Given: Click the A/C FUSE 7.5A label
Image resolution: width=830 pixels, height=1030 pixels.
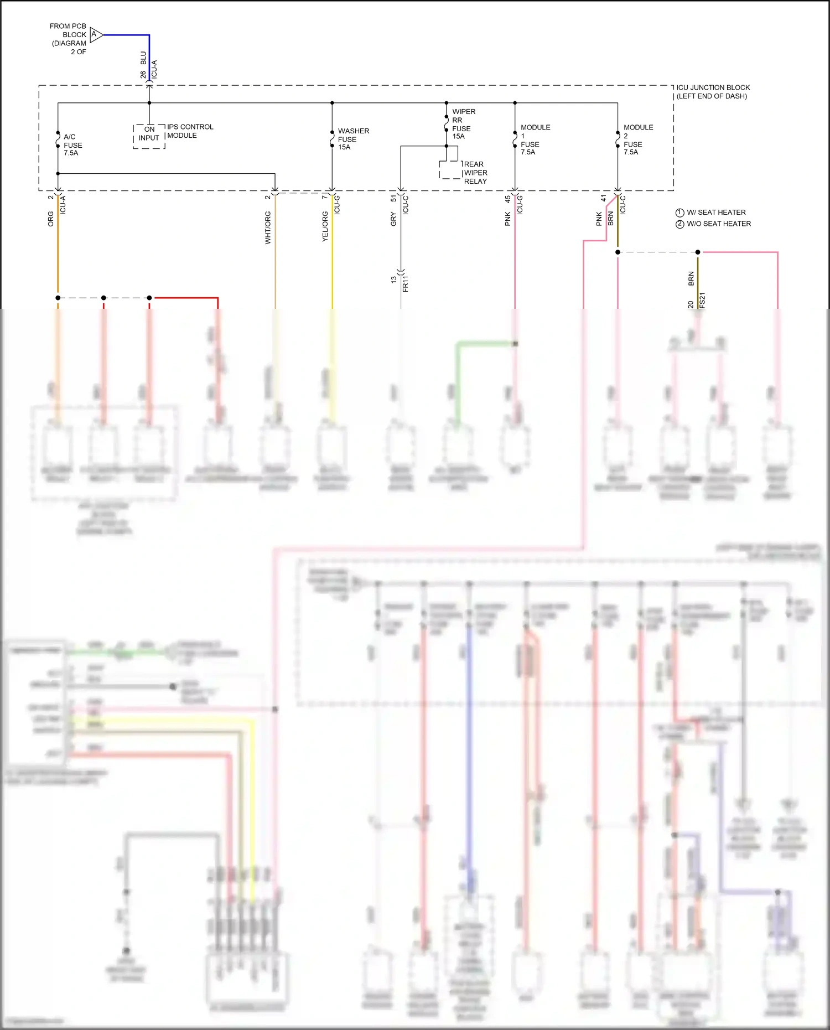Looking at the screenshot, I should pos(72,145).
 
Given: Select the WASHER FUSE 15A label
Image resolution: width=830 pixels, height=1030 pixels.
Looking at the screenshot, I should pos(353,139).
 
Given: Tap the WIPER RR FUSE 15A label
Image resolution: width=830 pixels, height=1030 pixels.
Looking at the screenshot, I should pos(463,124).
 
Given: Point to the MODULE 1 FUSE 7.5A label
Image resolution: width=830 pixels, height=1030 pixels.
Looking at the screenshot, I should pos(535,139).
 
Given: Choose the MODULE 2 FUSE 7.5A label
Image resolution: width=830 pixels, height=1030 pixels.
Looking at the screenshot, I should pos(637,139).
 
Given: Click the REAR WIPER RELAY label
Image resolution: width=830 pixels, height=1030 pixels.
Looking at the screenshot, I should pos(475,173).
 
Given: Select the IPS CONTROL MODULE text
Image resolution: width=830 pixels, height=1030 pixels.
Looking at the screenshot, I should pos(190,131).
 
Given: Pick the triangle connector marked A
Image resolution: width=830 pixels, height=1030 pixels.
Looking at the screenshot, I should pos(96,35).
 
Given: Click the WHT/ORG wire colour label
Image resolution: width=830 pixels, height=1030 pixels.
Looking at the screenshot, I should pos(268,227).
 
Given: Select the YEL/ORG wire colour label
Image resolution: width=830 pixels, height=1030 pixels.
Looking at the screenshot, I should pos(325,226).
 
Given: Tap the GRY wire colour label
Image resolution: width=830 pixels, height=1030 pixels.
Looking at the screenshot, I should pos(393,219).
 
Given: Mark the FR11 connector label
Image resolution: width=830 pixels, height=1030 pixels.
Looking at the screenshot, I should pos(406,283).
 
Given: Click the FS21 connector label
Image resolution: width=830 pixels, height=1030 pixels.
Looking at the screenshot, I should pos(702,301).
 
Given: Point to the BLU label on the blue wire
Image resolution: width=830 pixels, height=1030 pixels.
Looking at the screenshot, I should pos(143,58).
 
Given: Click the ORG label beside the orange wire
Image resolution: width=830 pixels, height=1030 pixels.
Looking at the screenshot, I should pos(51,219).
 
